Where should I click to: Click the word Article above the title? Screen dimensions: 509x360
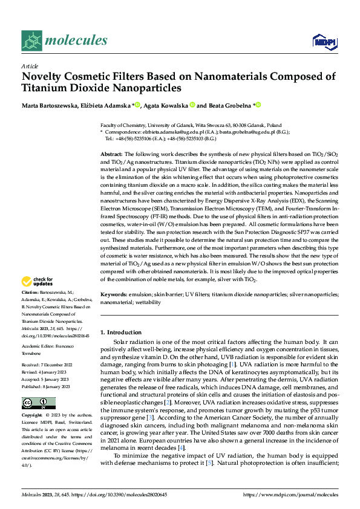[30, 66]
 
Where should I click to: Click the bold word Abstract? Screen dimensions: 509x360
[111, 155]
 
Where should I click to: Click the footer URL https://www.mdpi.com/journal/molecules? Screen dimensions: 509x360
[290, 494]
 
